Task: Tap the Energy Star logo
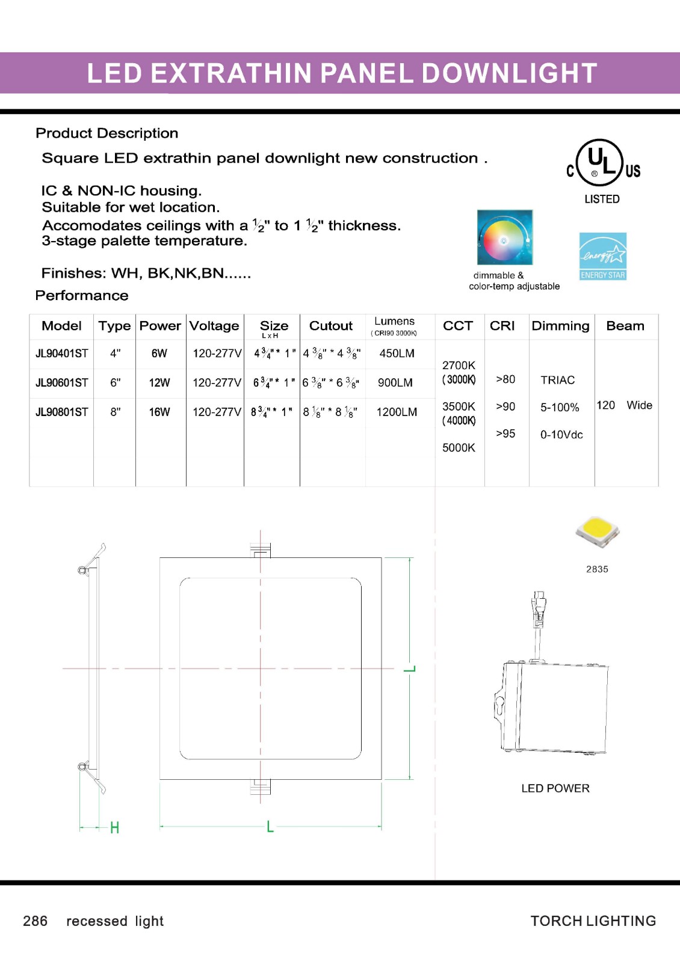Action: coord(602,256)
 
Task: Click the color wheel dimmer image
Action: coord(504,237)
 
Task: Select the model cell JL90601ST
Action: coord(61,383)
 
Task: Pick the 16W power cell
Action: coord(159,412)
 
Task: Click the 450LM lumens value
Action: coord(397,354)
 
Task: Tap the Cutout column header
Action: coord(330,326)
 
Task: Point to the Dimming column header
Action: coord(560,326)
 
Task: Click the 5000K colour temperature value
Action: coord(459,448)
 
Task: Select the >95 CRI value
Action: coord(505,434)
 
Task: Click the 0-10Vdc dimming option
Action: coord(561,435)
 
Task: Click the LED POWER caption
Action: coord(555,788)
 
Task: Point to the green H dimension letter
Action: coord(114,828)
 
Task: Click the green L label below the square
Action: coord(270,827)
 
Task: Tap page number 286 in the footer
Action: coord(35,921)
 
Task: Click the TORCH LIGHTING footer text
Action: coord(593,921)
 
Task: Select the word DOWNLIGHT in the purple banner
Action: coord(509,73)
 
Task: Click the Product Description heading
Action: coord(107,133)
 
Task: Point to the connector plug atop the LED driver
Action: coord(538,607)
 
